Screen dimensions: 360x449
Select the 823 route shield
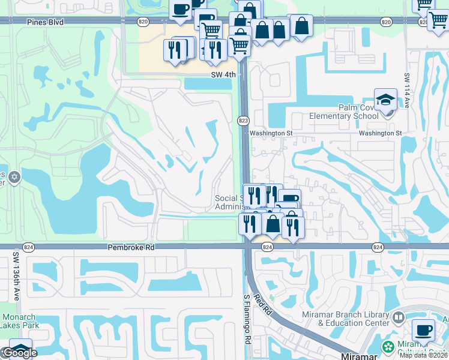tap(243, 121)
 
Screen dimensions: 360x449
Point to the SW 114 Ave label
tap(406, 90)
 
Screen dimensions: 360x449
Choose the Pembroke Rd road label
tap(131, 247)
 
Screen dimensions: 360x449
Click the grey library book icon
tap(399, 316)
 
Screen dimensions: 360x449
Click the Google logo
tap(20, 353)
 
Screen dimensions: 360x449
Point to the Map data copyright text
tap(424, 355)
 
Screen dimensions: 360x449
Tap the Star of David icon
tap(15, 178)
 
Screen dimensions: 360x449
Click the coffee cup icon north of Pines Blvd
tap(180, 10)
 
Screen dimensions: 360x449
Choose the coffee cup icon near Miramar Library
tap(424, 330)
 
